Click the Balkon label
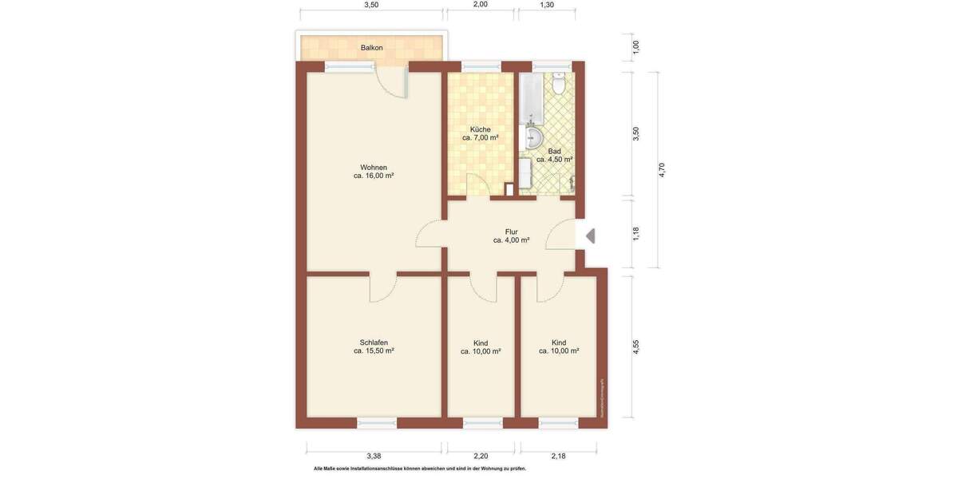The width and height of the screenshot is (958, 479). pyautogui.click(x=371, y=48)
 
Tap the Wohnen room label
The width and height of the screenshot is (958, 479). pyautogui.click(x=374, y=168)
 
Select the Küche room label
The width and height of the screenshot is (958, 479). pyautogui.click(x=480, y=129)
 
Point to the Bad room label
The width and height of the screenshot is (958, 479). pyautogui.click(x=554, y=151)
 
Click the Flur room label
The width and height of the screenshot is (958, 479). pyautogui.click(x=511, y=232)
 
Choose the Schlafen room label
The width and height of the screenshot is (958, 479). pyautogui.click(x=374, y=342)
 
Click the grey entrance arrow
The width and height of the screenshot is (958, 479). pyautogui.click(x=590, y=236)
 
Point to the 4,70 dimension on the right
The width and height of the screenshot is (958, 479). pyautogui.click(x=661, y=170)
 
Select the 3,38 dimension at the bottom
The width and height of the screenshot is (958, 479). pyautogui.click(x=373, y=456)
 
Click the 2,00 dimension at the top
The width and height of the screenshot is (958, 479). pyautogui.click(x=480, y=5)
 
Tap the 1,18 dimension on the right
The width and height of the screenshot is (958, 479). pyautogui.click(x=636, y=234)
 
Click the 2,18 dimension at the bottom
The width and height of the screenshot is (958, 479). pyautogui.click(x=558, y=456)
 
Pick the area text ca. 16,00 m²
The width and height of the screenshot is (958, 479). pyautogui.click(x=374, y=176)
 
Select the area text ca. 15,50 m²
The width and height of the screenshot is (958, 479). pyautogui.click(x=374, y=350)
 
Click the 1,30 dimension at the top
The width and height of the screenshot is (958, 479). pyautogui.click(x=547, y=5)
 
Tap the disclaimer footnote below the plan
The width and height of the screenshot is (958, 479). pyautogui.click(x=420, y=469)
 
